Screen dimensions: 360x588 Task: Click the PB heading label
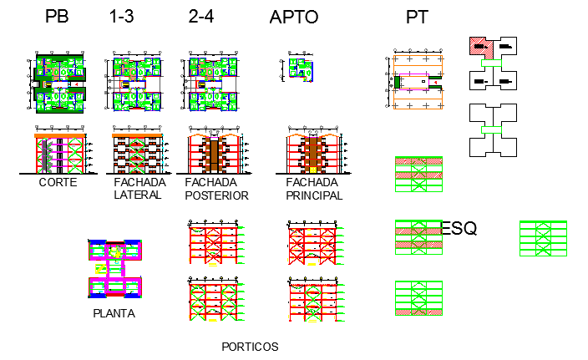coord(58,17)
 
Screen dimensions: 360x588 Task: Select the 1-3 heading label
coord(122,17)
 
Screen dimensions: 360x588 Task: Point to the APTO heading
coord(294,18)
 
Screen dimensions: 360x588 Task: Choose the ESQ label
coord(459,229)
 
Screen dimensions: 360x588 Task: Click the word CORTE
coord(58,183)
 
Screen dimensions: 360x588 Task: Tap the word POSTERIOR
coord(217,195)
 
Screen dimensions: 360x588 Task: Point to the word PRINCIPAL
coord(313,195)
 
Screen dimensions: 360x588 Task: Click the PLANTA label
coord(114,314)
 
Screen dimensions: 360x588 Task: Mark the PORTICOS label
coord(250,346)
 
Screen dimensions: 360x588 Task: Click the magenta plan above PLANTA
coord(114,268)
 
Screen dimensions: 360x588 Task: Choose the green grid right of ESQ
coord(543,238)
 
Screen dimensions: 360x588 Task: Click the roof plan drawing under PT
coord(418,82)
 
